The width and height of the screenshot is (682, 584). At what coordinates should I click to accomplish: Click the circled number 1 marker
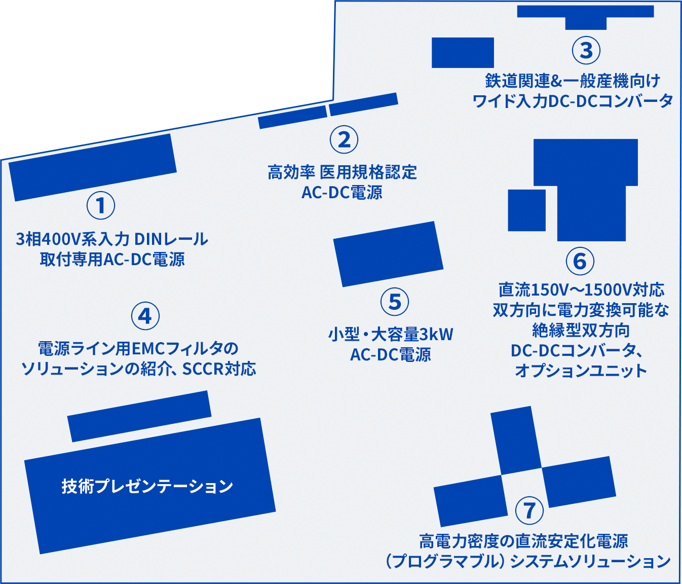coord(101,205)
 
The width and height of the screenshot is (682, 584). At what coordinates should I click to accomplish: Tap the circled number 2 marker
coord(344,139)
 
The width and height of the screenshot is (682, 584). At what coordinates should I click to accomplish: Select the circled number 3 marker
coord(586,50)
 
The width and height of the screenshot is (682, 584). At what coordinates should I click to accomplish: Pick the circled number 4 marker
coord(145,316)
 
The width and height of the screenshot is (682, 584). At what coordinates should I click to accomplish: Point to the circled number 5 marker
coord(395,302)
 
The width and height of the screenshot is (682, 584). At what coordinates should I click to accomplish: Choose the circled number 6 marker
coord(580,261)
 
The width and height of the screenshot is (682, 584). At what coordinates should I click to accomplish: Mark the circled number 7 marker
coord(529,510)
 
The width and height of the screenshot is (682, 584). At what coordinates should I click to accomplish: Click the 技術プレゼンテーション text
coord(147,486)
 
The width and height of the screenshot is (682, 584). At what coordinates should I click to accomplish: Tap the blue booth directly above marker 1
coord(93,167)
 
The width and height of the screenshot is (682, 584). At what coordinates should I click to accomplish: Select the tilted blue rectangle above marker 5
coord(388,254)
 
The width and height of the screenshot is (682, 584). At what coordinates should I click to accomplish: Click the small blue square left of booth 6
coord(526,210)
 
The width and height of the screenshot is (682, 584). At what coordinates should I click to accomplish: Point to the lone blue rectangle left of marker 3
coord(463,53)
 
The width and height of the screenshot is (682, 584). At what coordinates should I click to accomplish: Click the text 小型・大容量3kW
coord(391,335)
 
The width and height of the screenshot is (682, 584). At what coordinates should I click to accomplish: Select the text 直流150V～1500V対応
coord(581,289)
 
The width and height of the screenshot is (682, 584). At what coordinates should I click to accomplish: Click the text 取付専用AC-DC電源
coord(112,259)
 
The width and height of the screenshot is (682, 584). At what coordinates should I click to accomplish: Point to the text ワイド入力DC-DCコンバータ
coord(573,101)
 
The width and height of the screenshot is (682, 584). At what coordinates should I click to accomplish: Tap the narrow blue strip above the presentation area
coord(139,416)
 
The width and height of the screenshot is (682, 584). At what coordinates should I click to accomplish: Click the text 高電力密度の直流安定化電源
coord(523,541)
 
